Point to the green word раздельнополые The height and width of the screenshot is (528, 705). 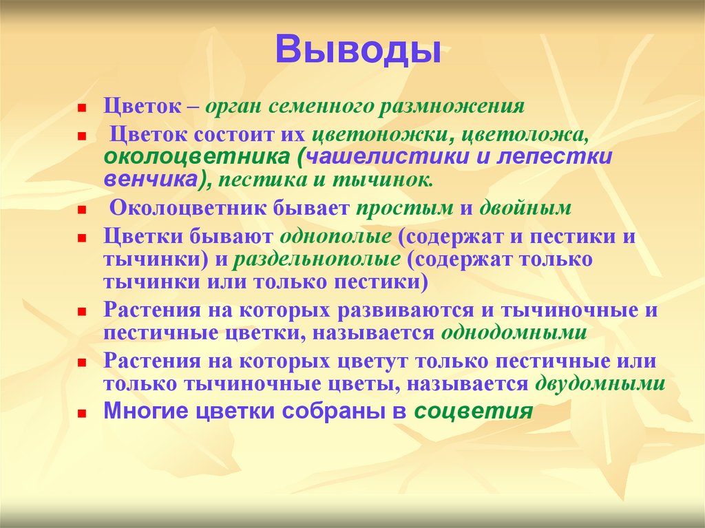click(x=317, y=261)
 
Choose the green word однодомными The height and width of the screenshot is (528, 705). click(x=514, y=333)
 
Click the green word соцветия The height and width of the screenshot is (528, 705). click(x=473, y=412)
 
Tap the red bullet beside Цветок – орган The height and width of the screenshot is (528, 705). click(x=81, y=109)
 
